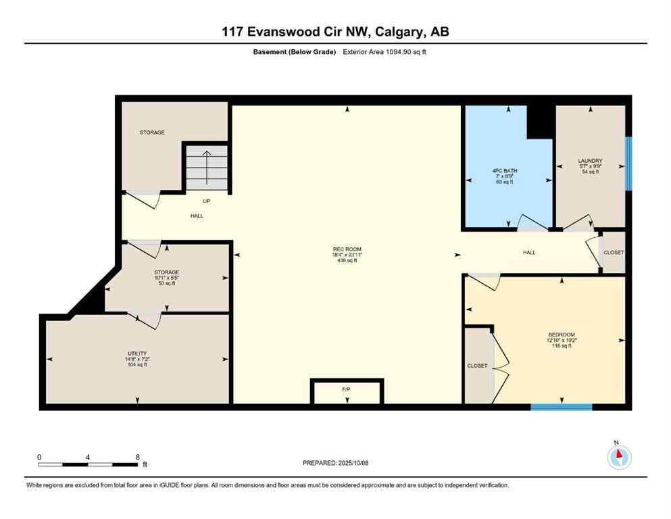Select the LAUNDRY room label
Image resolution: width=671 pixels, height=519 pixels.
tap(590, 161)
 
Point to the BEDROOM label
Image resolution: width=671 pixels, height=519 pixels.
tap(561, 335)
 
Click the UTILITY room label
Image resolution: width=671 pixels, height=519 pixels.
tap(136, 353)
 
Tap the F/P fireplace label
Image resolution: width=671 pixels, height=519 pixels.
tap(347, 390)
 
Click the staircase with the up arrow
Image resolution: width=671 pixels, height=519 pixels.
tap(207, 167)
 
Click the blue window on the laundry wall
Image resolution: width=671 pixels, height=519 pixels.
tap(628, 164)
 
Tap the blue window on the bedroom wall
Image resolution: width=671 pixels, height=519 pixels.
tap(561, 407)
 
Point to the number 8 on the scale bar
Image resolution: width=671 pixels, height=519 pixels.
tap(138, 457)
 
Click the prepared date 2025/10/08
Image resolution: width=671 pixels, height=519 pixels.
tap(335, 463)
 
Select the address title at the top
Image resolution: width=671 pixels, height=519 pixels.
tap(335, 32)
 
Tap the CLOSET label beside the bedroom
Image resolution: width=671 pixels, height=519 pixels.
tap(477, 366)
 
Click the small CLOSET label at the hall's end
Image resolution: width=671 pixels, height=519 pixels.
tap(614, 252)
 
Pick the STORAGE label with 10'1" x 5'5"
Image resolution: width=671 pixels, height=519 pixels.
tap(166, 272)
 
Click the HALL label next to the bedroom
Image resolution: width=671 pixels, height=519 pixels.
tap(528, 252)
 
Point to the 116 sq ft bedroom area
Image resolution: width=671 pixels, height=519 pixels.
tap(561, 346)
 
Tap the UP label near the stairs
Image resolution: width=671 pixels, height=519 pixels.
tap(207, 201)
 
